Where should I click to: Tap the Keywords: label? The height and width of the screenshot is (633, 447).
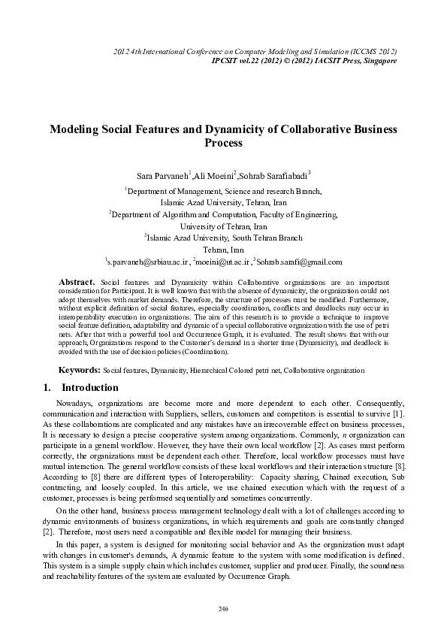(80, 371)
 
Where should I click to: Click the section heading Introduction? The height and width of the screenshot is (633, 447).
(89, 388)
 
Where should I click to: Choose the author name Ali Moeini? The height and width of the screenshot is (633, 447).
(214, 176)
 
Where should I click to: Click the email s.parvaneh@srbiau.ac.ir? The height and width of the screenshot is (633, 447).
(147, 262)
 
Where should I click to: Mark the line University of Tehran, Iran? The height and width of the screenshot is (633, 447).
(223, 225)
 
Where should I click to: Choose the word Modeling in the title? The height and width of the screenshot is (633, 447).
(76, 129)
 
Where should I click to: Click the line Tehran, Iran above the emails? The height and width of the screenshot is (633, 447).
(223, 249)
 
